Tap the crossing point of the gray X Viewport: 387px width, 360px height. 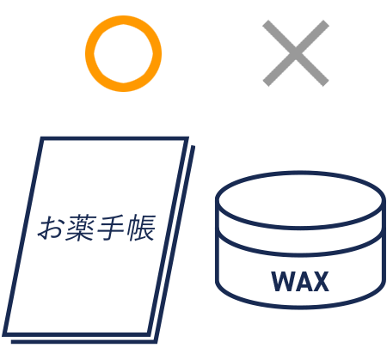click(296, 53)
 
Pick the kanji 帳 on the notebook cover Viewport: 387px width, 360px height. click(141, 228)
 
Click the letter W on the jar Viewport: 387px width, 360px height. click(282, 282)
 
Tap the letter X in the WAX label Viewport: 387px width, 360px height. click(321, 282)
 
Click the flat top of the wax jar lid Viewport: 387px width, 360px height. click(299, 199)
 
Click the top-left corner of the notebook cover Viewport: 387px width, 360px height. click(42, 138)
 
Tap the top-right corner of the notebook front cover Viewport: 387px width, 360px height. click(187, 138)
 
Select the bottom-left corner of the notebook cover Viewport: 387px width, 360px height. click(4, 334)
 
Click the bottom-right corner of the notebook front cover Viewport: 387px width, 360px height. click(149, 334)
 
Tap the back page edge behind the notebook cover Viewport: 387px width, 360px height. click(175, 243)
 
